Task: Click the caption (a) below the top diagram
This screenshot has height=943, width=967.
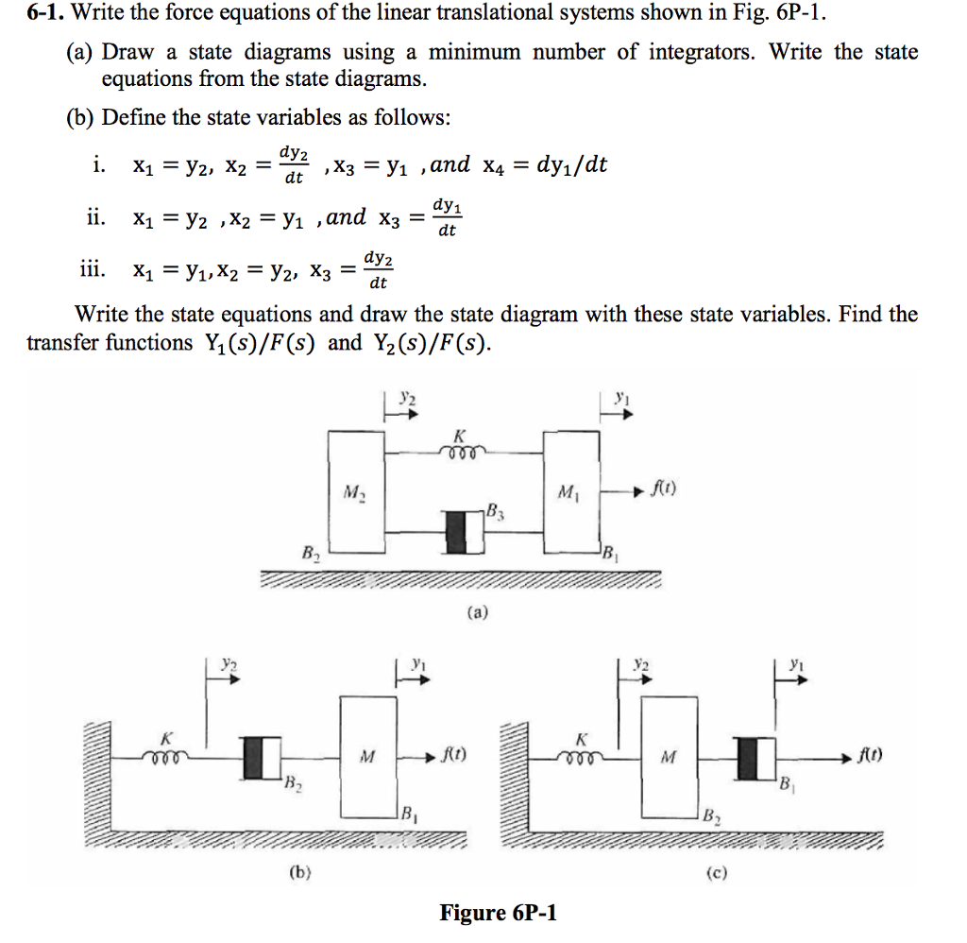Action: point(481,612)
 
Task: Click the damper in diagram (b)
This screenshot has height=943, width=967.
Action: point(262,757)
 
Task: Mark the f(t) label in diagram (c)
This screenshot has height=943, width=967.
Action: point(870,755)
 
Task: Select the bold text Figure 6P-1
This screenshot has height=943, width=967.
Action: point(499,913)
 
